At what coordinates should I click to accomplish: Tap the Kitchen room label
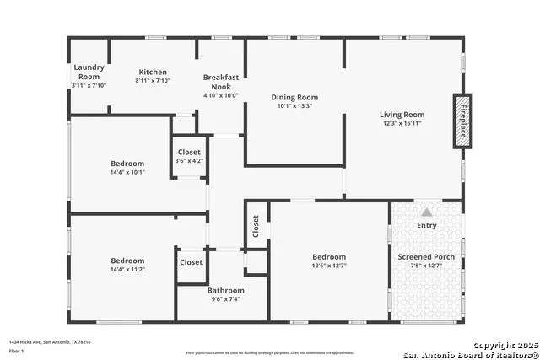(x=153, y=72)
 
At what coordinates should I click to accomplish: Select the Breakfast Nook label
(x=221, y=82)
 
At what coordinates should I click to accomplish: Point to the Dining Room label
(x=294, y=96)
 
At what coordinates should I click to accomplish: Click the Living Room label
(x=402, y=114)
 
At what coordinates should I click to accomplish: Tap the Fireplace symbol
(x=462, y=121)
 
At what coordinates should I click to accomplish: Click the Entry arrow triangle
(x=427, y=212)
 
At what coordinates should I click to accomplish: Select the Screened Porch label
(x=426, y=257)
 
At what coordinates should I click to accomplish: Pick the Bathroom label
(x=226, y=290)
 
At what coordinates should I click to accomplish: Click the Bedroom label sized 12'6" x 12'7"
(x=329, y=257)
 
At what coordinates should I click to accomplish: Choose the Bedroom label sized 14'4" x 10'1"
(x=127, y=164)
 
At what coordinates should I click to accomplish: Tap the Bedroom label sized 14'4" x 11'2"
(x=127, y=261)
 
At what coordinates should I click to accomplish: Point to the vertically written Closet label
(x=256, y=226)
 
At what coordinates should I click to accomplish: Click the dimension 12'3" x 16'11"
(x=402, y=124)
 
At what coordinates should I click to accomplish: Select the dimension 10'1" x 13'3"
(x=294, y=106)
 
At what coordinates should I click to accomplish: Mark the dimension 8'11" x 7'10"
(x=153, y=81)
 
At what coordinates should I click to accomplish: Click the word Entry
(x=427, y=225)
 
